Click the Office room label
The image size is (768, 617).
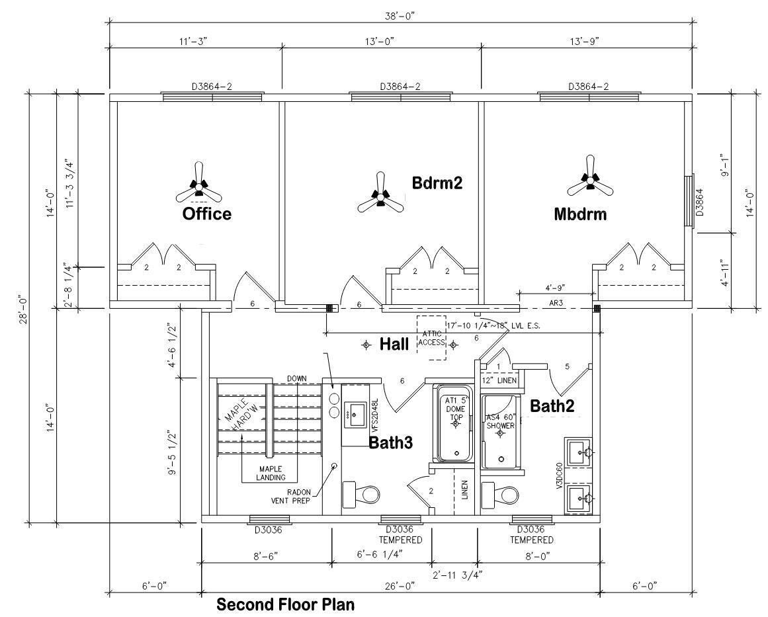click(x=206, y=214)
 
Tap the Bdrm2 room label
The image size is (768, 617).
click(x=437, y=183)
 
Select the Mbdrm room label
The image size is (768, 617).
click(x=580, y=214)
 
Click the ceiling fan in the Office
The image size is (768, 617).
click(x=198, y=186)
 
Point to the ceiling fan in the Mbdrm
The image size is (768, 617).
click(x=590, y=178)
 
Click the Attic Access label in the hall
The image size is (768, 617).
click(x=431, y=338)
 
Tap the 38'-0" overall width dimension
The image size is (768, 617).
click(x=400, y=16)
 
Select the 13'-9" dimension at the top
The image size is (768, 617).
click(x=585, y=41)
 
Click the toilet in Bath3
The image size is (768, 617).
click(x=361, y=495)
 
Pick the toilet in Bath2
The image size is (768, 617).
click(x=499, y=495)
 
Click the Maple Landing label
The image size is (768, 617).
click(x=271, y=473)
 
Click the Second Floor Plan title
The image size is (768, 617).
click(x=286, y=604)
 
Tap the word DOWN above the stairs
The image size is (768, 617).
click(x=297, y=378)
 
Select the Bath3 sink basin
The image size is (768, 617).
click(x=355, y=415)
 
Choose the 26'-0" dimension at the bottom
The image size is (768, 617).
click(x=400, y=586)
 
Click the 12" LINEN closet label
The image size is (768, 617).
click(x=499, y=380)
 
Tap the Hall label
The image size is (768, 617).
click(x=394, y=345)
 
